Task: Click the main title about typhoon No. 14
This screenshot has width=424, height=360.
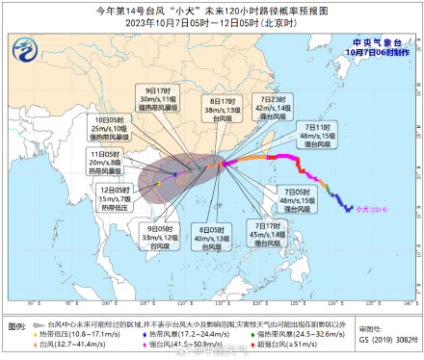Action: coord(211,10)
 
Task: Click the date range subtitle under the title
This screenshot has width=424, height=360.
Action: coord(211,23)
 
